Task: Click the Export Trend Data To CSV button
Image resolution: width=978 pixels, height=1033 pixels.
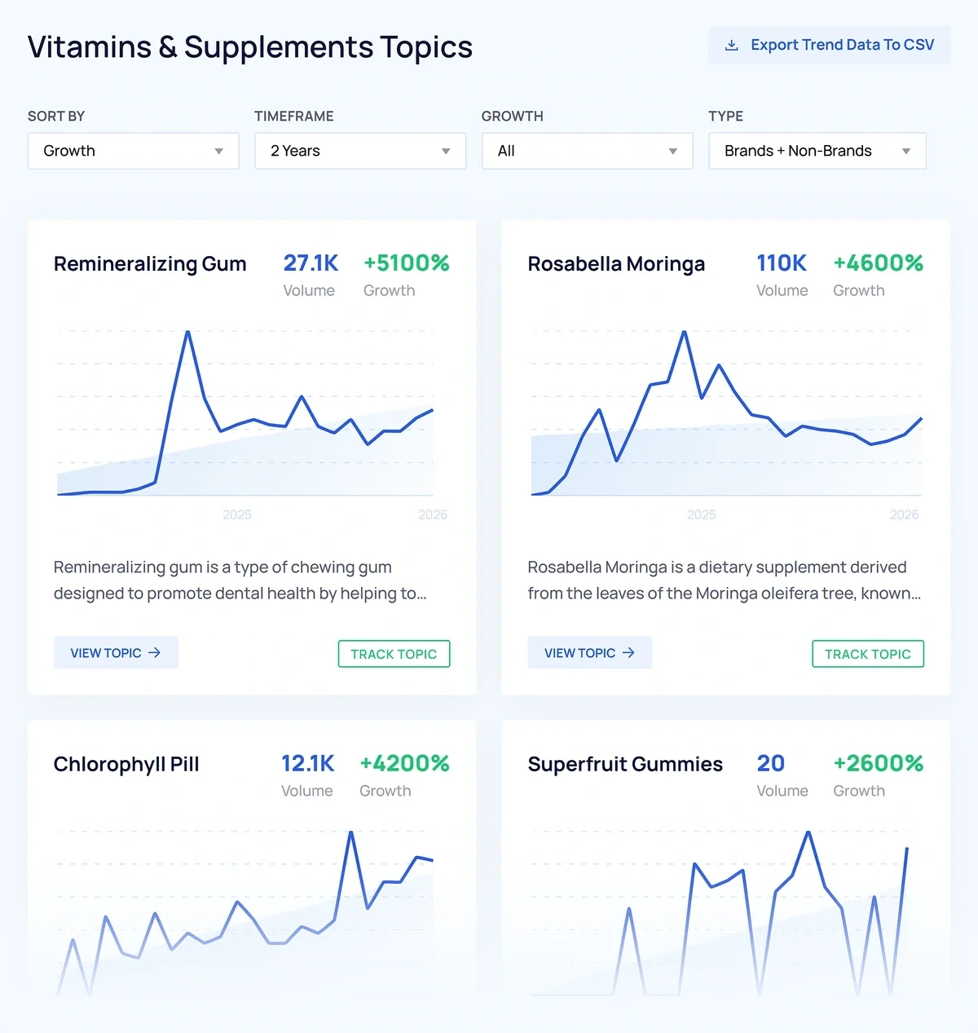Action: [x=829, y=45]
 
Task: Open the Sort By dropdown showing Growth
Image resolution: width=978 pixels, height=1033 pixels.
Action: [x=133, y=151]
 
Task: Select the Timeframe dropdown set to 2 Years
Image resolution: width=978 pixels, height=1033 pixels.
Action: [x=359, y=151]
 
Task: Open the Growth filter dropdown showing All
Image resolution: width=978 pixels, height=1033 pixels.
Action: [x=587, y=151]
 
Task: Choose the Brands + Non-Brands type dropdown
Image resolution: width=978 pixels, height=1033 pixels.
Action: [x=817, y=151]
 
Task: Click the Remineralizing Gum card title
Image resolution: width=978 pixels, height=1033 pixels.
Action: [x=150, y=264]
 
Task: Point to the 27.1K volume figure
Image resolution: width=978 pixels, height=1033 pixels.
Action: [x=311, y=263]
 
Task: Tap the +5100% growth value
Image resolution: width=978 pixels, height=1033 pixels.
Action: [x=406, y=263]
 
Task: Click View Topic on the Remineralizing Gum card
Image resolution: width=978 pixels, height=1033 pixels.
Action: [x=116, y=653]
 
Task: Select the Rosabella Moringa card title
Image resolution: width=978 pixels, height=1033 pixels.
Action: [x=616, y=264]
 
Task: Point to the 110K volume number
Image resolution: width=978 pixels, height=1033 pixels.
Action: [x=782, y=263]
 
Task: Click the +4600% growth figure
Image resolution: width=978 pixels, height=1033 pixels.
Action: [x=878, y=263]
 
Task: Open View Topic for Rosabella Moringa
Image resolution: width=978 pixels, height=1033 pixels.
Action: [x=589, y=653]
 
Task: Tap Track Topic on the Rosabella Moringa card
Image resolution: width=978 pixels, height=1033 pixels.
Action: [x=867, y=654]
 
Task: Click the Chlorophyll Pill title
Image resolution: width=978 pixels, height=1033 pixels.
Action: [x=126, y=765]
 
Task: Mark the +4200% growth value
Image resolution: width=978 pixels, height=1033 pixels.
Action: [x=404, y=764]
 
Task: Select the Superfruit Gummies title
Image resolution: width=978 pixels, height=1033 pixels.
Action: [x=625, y=765]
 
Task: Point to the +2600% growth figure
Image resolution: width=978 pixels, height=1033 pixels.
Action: [x=878, y=764]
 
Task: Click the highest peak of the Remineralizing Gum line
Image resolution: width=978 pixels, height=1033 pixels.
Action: [x=187, y=333]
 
